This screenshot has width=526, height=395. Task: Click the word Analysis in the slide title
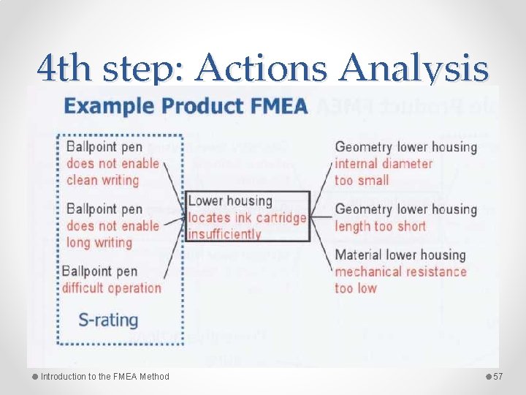(x=414, y=69)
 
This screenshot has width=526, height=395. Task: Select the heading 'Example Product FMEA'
(x=186, y=106)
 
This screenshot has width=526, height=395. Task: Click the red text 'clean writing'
(x=102, y=180)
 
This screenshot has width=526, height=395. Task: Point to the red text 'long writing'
(x=99, y=242)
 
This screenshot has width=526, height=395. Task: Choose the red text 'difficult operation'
(x=112, y=287)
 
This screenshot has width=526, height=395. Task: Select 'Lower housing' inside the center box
(x=229, y=201)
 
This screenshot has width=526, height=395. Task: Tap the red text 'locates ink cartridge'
(x=247, y=218)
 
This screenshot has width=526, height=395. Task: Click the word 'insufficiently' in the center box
(x=224, y=234)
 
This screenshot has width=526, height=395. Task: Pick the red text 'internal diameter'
(x=384, y=163)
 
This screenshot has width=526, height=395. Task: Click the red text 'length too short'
(x=380, y=226)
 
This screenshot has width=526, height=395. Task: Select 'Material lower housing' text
(x=400, y=255)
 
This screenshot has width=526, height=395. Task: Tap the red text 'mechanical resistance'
(x=400, y=271)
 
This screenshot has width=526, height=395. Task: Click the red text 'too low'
(x=356, y=288)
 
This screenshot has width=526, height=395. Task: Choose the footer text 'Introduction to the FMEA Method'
(x=104, y=377)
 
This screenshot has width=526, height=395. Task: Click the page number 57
(x=499, y=377)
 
